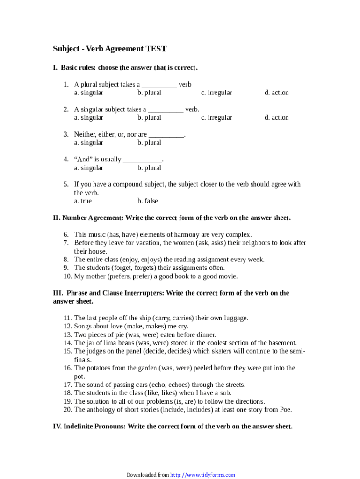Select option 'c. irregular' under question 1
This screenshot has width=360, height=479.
[x=216, y=93]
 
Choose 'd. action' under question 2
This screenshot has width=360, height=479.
[x=277, y=117]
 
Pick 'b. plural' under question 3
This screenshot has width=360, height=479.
[x=149, y=143]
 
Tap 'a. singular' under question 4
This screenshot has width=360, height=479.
[x=89, y=168]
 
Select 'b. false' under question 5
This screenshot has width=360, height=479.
[x=148, y=201]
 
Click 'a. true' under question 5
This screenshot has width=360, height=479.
[x=83, y=201]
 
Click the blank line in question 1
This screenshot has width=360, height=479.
[x=159, y=85]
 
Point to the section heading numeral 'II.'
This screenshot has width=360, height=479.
[x=57, y=218]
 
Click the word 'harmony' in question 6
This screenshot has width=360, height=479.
[x=191, y=234]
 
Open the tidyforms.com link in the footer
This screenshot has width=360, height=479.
[x=202, y=475]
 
